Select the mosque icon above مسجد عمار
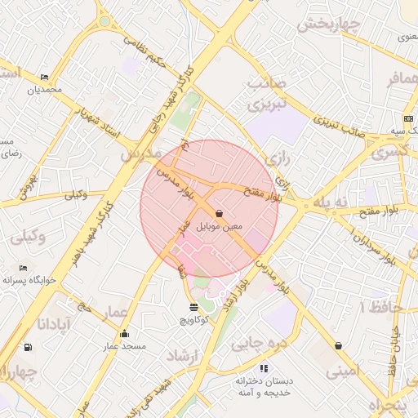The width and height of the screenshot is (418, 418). click(x=124, y=333)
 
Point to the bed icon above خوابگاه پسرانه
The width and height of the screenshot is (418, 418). click(x=24, y=268)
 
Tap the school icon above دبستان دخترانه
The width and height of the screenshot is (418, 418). click(x=263, y=368)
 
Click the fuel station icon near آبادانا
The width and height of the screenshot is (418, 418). click(x=29, y=347)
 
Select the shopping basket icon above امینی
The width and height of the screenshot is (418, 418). click(x=338, y=346)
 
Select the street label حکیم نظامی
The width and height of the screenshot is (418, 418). click(x=147, y=49)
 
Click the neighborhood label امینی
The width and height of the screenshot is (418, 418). click(x=343, y=372)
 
